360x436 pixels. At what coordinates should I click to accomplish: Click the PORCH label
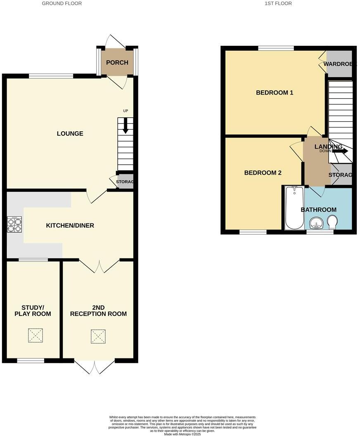click(117, 63)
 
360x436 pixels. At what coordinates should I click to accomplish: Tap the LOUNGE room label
click(70, 133)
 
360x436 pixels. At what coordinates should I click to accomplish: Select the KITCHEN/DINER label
click(70, 225)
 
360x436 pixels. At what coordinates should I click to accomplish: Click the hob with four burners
click(14, 225)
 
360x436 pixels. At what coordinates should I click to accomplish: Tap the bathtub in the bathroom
click(294, 208)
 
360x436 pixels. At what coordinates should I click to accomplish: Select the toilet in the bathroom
click(332, 222)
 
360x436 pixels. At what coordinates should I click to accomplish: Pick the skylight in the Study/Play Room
click(35, 335)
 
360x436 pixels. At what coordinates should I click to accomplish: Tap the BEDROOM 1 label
click(275, 92)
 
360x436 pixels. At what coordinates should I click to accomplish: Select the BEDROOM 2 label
click(263, 173)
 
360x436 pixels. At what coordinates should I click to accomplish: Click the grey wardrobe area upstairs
click(339, 64)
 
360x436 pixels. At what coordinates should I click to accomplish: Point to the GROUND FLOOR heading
click(62, 3)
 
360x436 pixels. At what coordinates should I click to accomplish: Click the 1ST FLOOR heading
click(278, 3)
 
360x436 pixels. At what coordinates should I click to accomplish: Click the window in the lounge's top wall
click(51, 76)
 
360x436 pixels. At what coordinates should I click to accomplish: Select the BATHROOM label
click(318, 210)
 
